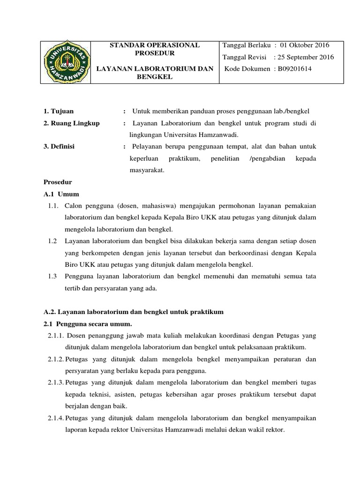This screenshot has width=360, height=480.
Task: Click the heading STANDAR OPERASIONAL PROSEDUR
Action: pos(154,49)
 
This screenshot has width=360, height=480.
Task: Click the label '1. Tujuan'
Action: pos(59,111)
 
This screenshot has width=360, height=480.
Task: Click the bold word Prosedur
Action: pos(58,182)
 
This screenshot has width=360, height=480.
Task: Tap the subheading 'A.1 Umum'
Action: pos(61,194)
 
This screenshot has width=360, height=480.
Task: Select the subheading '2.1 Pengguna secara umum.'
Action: pos(88,324)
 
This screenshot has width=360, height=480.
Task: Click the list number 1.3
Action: pos(52,277)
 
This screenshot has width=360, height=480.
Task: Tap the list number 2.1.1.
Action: pos(56,335)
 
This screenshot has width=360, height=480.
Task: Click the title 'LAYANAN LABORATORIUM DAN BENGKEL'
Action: pos(154,73)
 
